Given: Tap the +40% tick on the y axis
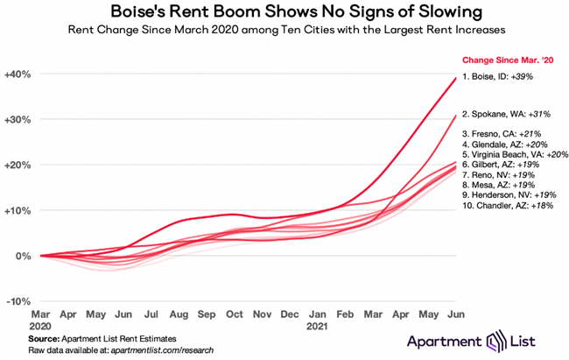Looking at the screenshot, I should point(18,74).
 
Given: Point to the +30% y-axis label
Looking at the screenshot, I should point(18,120).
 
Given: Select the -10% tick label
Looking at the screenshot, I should point(19,300).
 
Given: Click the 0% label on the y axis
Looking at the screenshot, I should point(24,256).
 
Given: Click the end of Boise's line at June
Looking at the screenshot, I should point(454,78).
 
